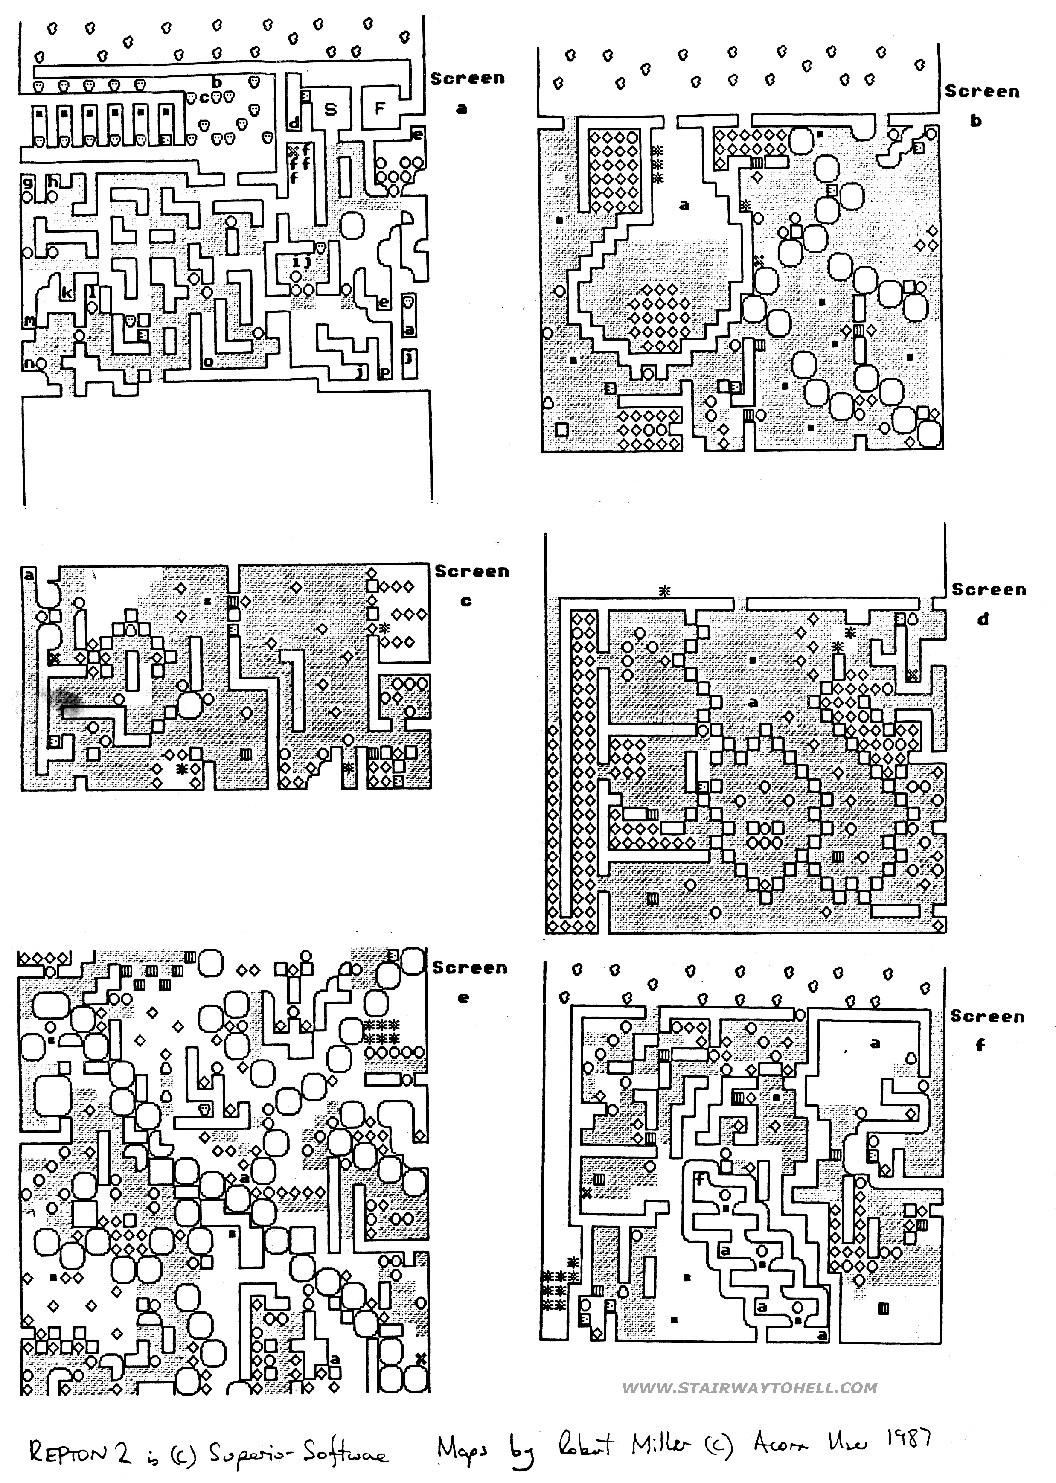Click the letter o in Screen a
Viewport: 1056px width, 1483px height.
click(208, 361)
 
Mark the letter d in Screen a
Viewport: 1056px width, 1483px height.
click(293, 123)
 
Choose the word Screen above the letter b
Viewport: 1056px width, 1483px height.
click(982, 92)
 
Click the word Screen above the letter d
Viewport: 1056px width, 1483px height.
click(989, 590)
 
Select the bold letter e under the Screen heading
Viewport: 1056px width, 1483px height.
click(463, 998)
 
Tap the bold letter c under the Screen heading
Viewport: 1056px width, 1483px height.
click(465, 601)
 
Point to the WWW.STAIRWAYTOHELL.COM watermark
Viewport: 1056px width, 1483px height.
click(750, 1388)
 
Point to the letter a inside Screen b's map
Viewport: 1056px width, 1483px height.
click(684, 206)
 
